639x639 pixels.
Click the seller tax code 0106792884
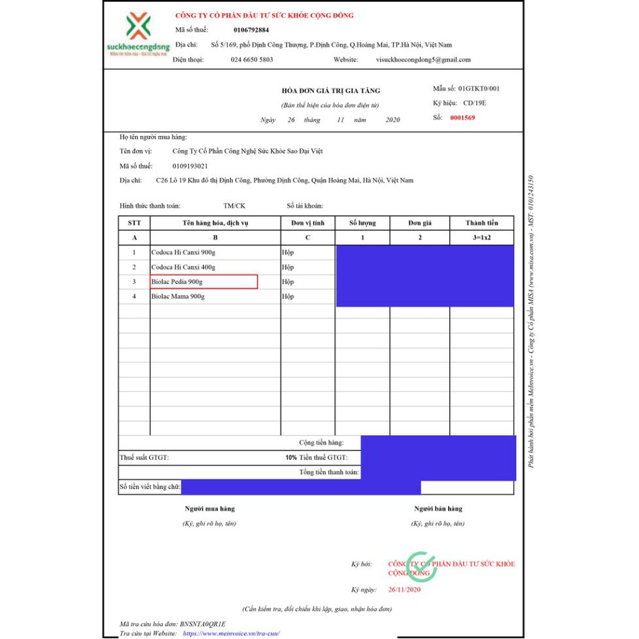251,30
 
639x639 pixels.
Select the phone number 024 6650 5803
252,60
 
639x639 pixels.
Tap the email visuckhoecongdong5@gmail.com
423,60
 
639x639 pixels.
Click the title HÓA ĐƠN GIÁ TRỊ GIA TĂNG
330,91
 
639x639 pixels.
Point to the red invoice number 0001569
462,118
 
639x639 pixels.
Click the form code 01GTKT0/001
479,88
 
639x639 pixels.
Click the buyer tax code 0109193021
190,166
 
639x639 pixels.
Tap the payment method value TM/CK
234,206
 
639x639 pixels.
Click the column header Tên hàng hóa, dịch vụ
215,223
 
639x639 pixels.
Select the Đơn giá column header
419,223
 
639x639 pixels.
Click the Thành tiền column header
481,223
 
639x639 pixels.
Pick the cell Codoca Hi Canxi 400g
183,267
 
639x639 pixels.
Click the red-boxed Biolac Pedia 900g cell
203,282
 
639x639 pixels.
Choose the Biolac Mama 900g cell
178,296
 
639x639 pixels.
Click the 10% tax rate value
291,457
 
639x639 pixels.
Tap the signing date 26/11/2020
404,590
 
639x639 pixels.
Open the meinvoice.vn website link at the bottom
232,634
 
